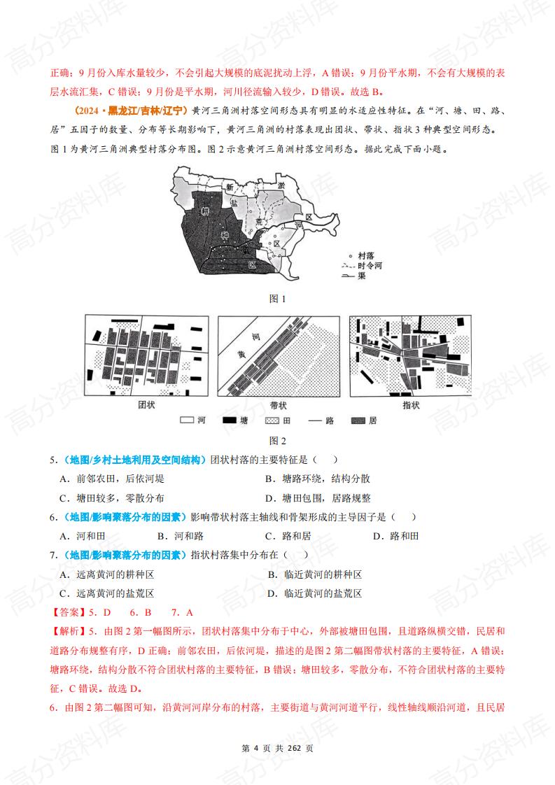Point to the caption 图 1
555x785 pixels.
pos(278,299)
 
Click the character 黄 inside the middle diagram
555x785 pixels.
pos(242,354)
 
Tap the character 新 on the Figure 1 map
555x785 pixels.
pos(229,187)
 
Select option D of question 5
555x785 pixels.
pos(318,498)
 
